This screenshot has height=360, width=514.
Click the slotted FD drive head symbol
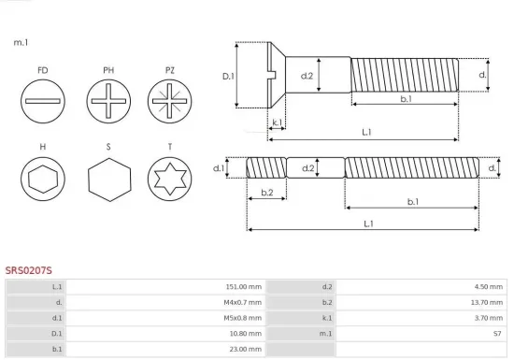pos(43,99)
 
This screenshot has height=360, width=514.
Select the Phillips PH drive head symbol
pos(108,99)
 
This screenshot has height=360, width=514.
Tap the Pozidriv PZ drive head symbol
pos(169,99)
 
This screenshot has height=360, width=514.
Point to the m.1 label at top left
pos(21,43)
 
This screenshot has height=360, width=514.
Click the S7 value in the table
pos(498,334)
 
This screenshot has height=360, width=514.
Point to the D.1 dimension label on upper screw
pos(227,76)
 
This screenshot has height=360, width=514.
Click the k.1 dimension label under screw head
pos(277,122)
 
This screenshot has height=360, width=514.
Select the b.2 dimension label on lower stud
pos(266,193)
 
